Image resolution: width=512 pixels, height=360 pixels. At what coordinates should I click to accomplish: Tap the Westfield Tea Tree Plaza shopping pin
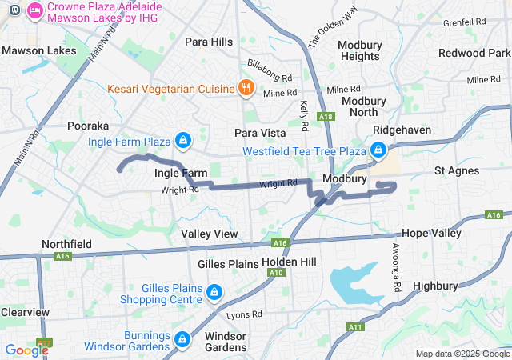[378, 150]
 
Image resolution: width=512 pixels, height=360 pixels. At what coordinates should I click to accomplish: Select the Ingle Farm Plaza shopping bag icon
[183, 142]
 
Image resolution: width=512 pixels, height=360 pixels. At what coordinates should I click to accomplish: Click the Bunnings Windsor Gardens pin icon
[182, 340]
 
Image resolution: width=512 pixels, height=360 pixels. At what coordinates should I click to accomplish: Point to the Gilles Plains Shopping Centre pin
[214, 294]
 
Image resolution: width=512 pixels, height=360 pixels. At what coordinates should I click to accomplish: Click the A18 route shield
[326, 117]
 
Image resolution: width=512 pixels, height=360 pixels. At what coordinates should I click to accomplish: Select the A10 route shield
[278, 272]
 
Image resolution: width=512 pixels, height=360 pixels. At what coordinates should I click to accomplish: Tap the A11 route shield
[355, 326]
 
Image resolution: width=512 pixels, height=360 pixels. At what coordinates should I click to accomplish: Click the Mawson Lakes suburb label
[39, 50]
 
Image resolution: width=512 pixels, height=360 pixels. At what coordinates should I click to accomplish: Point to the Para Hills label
[208, 42]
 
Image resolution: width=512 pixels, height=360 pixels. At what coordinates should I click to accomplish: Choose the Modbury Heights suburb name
[360, 50]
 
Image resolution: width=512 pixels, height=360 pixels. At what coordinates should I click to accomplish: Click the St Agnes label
[456, 170]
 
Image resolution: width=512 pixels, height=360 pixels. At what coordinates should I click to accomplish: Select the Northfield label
[67, 243]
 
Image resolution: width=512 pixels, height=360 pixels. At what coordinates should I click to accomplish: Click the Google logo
[26, 350]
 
